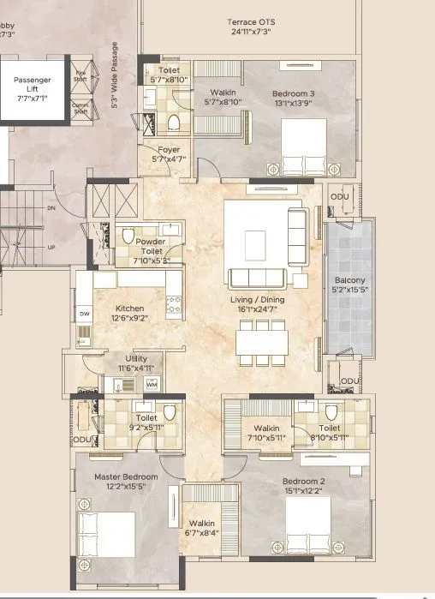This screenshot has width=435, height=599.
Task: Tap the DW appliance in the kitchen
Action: click(x=85, y=314)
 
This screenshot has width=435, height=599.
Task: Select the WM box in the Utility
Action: click(x=152, y=385)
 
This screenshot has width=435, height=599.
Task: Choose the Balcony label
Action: click(x=349, y=280)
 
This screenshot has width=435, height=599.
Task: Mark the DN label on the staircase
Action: click(x=51, y=207)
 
